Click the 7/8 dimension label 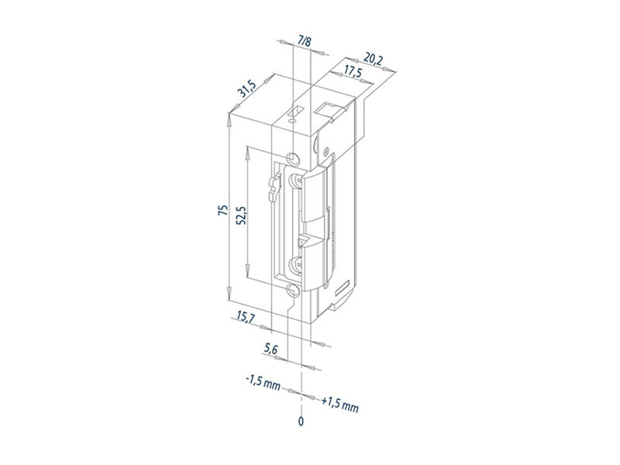305,41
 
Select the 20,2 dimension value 373,60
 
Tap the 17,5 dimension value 353,73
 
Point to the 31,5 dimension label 247,88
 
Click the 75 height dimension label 223,210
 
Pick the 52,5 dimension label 241,215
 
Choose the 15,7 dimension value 246,318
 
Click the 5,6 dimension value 271,350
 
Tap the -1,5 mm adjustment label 263,382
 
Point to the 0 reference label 301,422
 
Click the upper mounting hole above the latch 294,158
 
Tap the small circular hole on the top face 293,120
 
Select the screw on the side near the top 325,151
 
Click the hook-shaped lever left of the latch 274,188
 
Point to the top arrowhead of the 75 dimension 229,119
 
